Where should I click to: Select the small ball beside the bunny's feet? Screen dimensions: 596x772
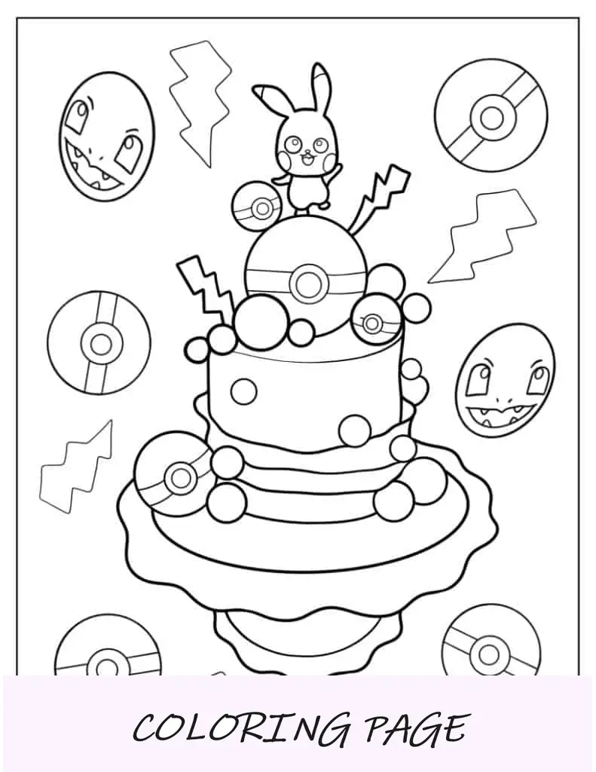pyautogui.click(x=257, y=207)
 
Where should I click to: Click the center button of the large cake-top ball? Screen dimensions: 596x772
pyautogui.click(x=309, y=281)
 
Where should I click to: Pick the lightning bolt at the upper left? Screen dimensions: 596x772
pyautogui.click(x=200, y=104)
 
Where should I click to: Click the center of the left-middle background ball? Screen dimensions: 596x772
pyautogui.click(x=100, y=343)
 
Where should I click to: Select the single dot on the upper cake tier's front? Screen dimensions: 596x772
pyautogui.click(x=243, y=391)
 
